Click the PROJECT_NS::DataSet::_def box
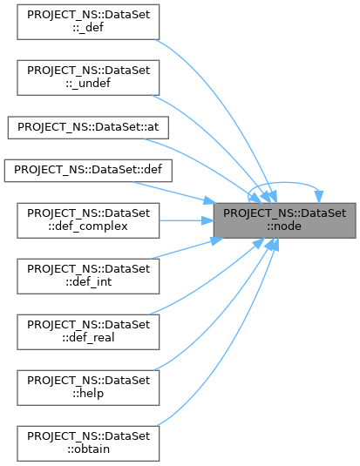pyautogui.click(x=88, y=22)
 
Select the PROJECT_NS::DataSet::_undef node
pyautogui.click(x=88, y=78)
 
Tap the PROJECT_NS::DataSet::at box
pyautogui.click(x=88, y=128)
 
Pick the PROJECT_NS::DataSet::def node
pyautogui.click(x=88, y=171)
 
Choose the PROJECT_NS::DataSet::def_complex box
pyautogui.click(x=88, y=220)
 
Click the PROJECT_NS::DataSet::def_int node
pyautogui.click(x=88, y=276)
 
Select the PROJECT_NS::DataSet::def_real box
pyautogui.click(x=88, y=332)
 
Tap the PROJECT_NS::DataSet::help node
pyautogui.click(x=88, y=388)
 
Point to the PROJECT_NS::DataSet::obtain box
pyautogui.click(x=88, y=443)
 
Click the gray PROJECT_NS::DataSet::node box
pyautogui.click(x=285, y=220)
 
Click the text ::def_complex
pyautogui.click(x=88, y=226)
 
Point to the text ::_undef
pyautogui.click(x=88, y=84)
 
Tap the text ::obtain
pyautogui.click(x=88, y=449)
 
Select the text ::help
pyautogui.click(x=88, y=394)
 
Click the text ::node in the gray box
pyautogui.click(x=284, y=226)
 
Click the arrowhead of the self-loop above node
pyautogui.click(x=319, y=197)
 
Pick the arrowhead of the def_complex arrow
pyautogui.click(x=207, y=220)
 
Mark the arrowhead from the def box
pyautogui.click(x=210, y=200)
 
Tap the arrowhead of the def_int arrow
pyautogui.click(x=216, y=240)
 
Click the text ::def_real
pyautogui.click(x=88, y=338)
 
